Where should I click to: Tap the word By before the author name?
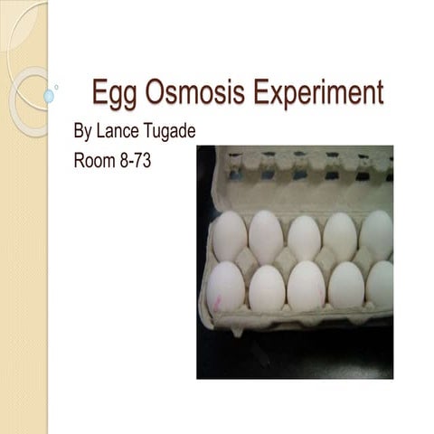82,133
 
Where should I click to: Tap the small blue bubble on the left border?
49,95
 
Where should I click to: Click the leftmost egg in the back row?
229,236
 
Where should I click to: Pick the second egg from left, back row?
266,236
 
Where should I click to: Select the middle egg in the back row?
304,237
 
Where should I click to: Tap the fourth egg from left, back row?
341,236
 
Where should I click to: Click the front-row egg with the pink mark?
225,287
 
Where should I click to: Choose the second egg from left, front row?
267,288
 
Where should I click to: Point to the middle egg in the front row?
306,286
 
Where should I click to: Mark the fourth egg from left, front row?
345,286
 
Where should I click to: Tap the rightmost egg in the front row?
380,284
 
